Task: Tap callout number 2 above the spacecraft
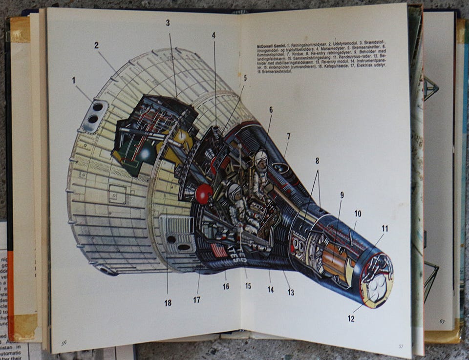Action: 97,45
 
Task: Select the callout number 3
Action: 168,23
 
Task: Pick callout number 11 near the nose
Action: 384,228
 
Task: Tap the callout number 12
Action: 351,319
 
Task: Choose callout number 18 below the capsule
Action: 168,303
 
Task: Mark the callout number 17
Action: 196,300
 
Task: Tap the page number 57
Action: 400,346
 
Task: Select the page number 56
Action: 64,342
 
